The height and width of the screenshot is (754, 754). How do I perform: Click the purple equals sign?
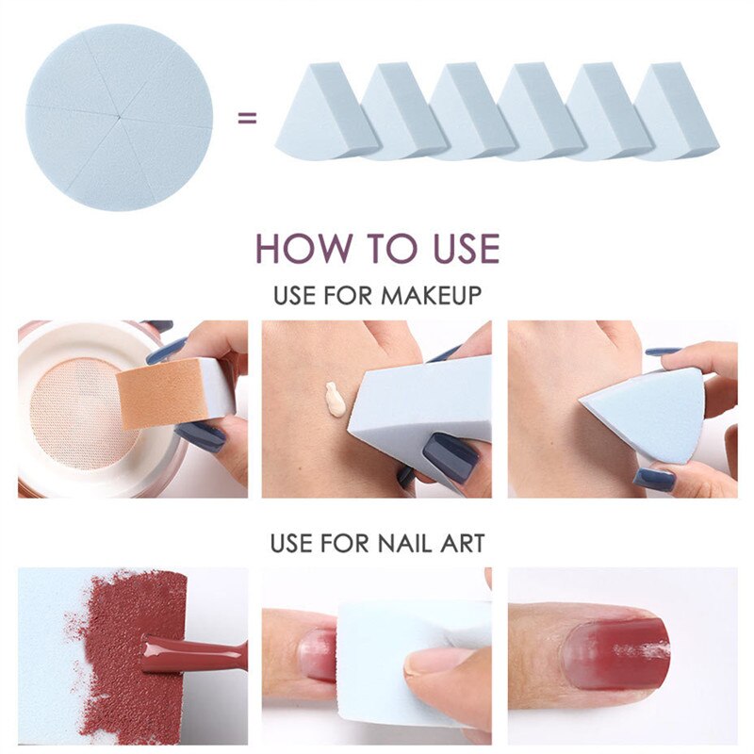247,117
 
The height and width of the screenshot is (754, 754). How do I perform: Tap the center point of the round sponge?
119,117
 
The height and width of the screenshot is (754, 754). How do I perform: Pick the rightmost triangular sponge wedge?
676,111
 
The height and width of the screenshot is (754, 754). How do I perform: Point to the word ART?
462,544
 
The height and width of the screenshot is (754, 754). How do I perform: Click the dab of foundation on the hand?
336,399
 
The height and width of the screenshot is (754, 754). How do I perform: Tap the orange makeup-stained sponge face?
162,393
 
